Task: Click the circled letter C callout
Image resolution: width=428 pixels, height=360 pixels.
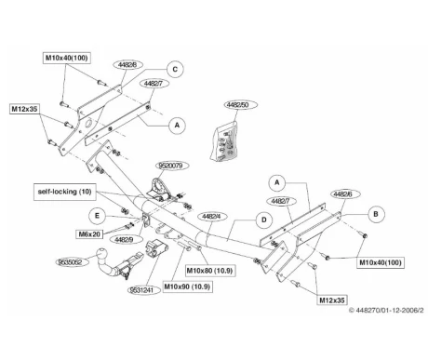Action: coord(175,69)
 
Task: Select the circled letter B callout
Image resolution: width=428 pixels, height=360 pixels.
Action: coord(376,214)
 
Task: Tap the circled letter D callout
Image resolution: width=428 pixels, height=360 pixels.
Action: coord(264,220)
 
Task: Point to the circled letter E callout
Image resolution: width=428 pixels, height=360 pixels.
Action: coord(97,216)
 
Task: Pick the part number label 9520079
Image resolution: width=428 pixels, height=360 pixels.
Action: coord(170,166)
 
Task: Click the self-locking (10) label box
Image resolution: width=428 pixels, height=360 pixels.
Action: coord(65,192)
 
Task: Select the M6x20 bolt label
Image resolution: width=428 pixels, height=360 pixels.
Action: coord(89,234)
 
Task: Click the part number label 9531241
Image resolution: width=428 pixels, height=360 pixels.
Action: coord(145,290)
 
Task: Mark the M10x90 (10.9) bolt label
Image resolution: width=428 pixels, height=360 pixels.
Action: coord(187,287)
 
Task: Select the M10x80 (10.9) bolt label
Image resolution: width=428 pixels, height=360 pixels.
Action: coord(210,271)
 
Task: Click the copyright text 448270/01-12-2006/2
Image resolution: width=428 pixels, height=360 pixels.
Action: coord(386,310)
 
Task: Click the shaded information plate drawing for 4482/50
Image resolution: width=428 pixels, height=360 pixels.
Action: coord(224,141)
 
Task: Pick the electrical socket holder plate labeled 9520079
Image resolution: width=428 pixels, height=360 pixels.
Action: coord(160,188)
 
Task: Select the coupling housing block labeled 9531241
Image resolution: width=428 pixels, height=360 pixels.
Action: coord(156,249)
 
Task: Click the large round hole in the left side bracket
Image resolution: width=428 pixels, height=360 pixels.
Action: coord(89,125)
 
